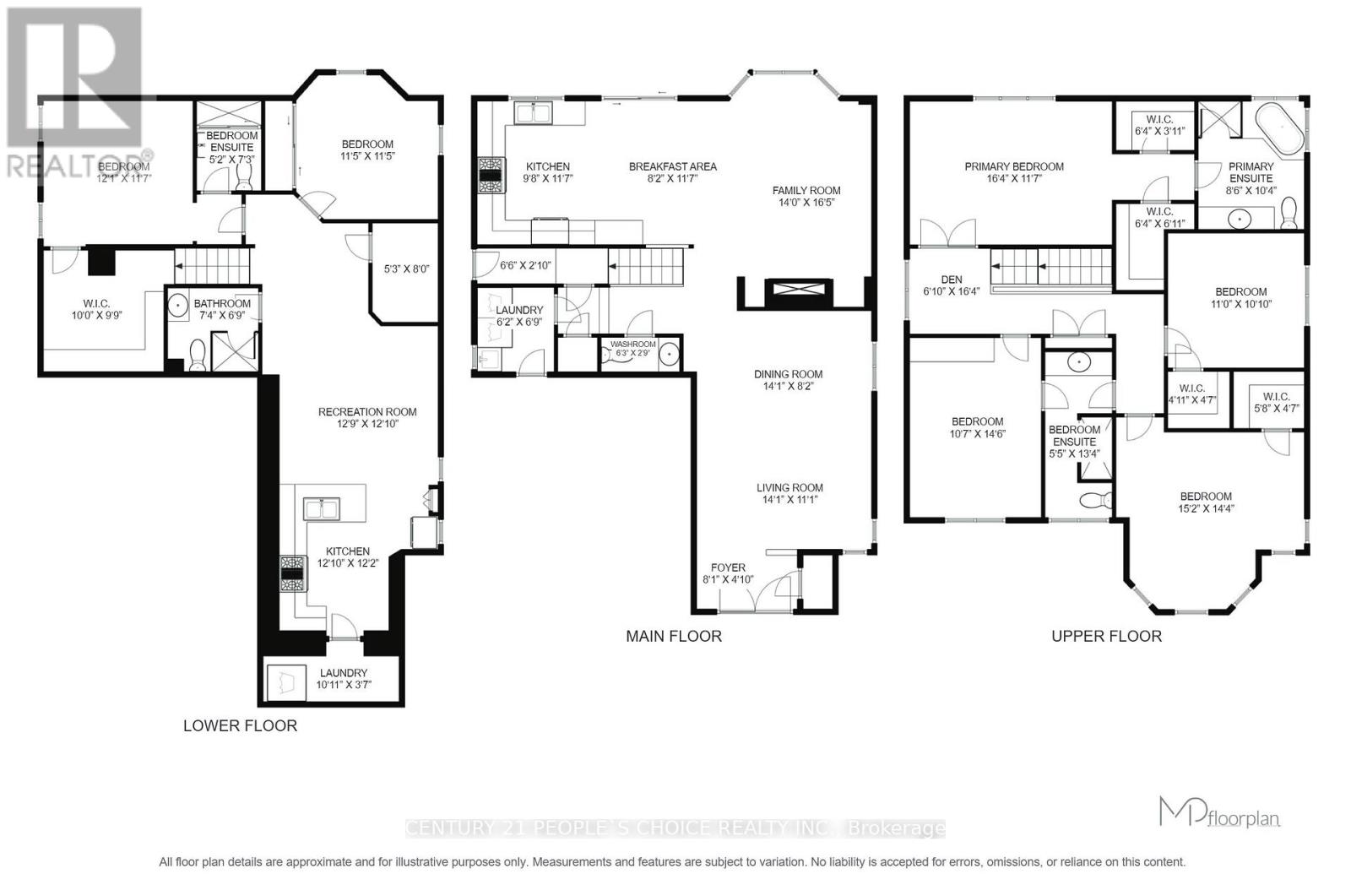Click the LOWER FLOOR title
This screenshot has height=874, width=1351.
pyautogui.click(x=240, y=725)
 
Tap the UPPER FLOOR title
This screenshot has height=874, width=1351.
pyautogui.click(x=1106, y=636)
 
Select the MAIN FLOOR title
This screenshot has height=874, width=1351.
pyautogui.click(x=673, y=636)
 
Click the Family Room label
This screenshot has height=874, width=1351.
pyautogui.click(x=806, y=190)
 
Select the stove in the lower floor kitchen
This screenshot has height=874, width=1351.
pyautogui.click(x=292, y=573)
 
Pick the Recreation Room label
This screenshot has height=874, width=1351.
pyautogui.click(x=367, y=411)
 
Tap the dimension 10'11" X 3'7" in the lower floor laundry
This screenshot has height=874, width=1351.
pyautogui.click(x=343, y=685)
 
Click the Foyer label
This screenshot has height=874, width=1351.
pyautogui.click(x=728, y=567)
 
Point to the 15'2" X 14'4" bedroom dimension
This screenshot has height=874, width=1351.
pyautogui.click(x=1205, y=508)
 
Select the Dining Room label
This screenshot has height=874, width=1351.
pyautogui.click(x=789, y=373)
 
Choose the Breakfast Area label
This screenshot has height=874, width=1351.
pyautogui.click(x=672, y=166)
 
